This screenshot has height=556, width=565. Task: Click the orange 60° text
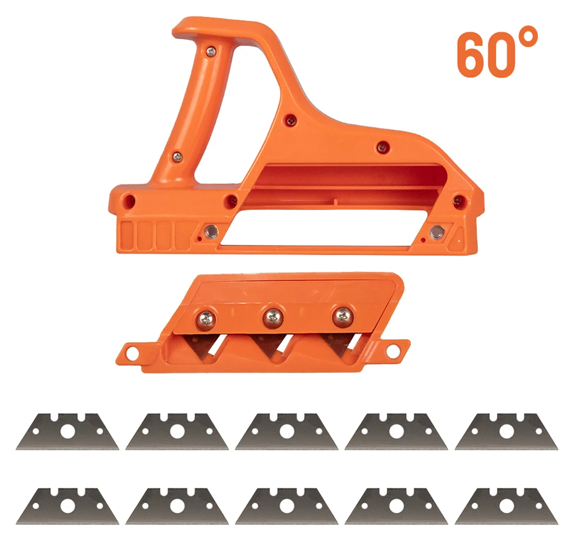[x=497, y=52]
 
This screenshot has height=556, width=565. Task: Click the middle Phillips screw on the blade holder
[x=272, y=317]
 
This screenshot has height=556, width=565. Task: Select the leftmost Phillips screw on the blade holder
[x=206, y=320]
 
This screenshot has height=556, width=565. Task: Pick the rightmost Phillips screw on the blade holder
[x=343, y=317]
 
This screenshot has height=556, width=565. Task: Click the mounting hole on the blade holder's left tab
[x=132, y=354]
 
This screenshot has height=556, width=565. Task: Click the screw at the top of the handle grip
[x=211, y=52]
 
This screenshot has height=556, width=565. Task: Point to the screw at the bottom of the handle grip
[x=177, y=157]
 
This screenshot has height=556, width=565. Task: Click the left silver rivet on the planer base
[x=211, y=231]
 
